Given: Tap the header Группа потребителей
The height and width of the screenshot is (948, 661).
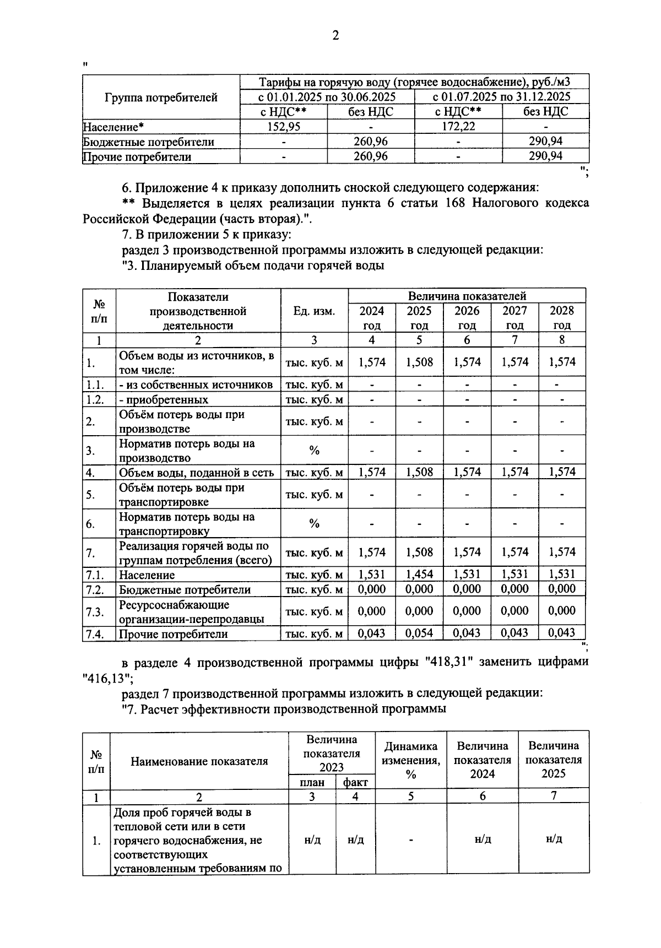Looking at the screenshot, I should point(161,97).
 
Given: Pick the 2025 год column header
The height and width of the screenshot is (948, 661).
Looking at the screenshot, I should point(419,317).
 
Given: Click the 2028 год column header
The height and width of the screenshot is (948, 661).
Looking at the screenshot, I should point(562,317).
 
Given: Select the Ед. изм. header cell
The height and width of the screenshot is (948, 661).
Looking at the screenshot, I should point(314,311).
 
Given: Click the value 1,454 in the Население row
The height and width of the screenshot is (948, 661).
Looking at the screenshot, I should point(419,575).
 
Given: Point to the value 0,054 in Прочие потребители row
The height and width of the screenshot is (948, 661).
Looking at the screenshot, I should point(419,633).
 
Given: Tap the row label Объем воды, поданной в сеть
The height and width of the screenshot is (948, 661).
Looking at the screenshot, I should point(197,472).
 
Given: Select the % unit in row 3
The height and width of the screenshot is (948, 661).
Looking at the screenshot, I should point(314,451).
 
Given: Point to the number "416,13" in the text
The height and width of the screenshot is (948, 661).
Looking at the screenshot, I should point(107,676).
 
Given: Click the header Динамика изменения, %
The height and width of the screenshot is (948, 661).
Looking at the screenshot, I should point(411,760).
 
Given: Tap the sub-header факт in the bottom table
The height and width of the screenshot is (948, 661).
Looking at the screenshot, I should point(355,782).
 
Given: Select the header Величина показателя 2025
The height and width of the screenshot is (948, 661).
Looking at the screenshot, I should point(554,760).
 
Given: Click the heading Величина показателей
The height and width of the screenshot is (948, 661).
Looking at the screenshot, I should point(467,296).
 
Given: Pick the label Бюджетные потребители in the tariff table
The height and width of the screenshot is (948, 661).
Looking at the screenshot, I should point(149,142).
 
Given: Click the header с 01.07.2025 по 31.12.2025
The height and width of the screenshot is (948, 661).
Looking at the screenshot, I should point(501,97).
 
